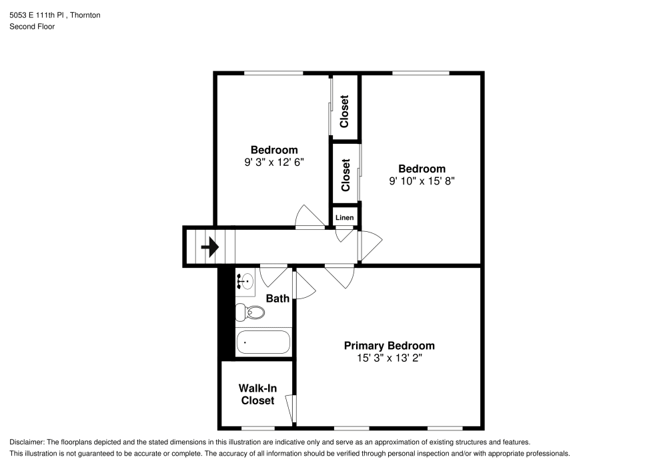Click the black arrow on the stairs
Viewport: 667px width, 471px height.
210,248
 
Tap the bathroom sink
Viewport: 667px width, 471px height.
245,282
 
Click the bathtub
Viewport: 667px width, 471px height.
263,342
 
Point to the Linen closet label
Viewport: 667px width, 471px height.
344,218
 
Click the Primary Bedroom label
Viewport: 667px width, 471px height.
389,346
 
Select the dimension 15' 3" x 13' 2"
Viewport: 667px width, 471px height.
389,358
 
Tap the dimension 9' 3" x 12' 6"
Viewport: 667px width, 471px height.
273,162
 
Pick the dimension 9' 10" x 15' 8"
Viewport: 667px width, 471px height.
422,181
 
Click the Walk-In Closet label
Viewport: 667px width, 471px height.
257,394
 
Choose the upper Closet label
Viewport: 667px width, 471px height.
345,112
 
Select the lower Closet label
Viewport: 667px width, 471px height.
346,175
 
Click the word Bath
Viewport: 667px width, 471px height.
277,298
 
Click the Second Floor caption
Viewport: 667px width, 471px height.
32,27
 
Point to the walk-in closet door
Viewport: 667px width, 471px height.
291,406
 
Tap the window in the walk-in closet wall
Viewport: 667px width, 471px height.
257,427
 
